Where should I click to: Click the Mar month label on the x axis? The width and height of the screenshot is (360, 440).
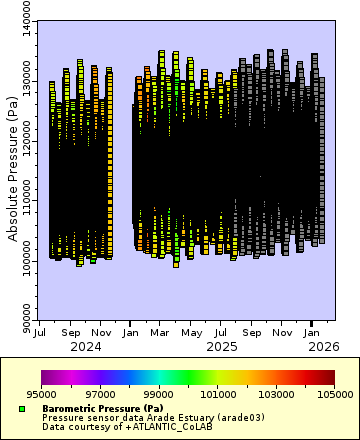pos(161,332)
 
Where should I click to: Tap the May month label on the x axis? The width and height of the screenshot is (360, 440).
pos(190,332)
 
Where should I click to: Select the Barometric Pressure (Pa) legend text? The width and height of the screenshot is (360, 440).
pos(103,408)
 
